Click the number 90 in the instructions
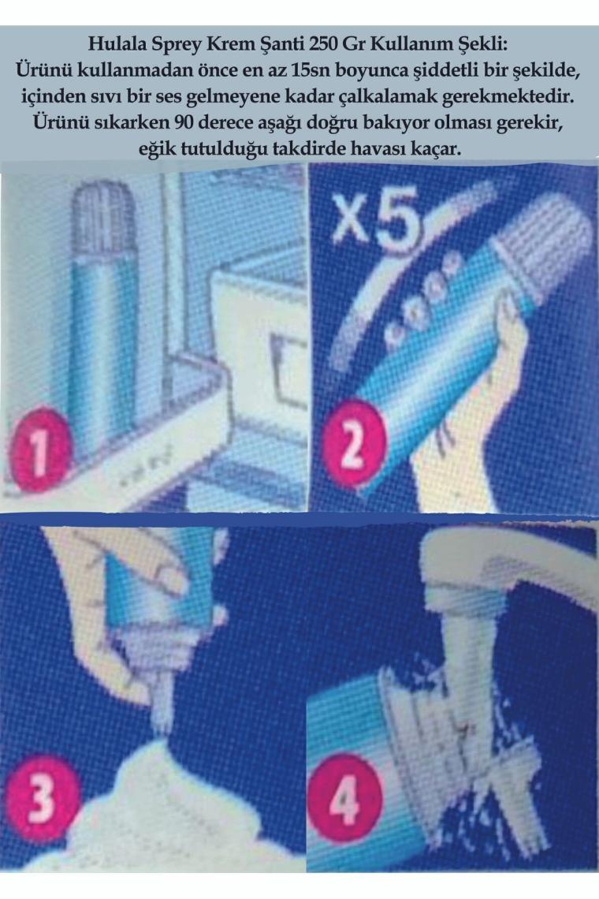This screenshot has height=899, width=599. (190, 123)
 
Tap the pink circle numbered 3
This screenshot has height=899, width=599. (43, 797)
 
